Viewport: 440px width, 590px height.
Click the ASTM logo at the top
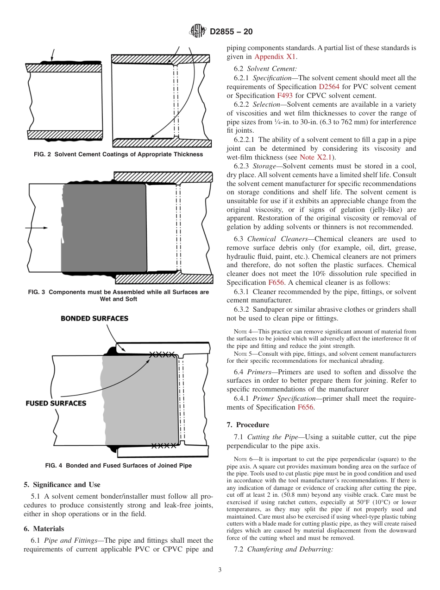[198, 32]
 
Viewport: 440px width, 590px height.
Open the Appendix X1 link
[275, 57]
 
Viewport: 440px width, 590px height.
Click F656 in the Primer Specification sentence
[305, 407]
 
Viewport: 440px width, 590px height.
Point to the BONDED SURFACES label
[94, 319]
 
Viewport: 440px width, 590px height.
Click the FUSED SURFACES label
[56, 403]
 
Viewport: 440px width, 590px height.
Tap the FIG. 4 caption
[118, 465]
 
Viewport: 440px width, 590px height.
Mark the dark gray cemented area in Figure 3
[104, 227]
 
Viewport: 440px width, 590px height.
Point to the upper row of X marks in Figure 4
[162, 354]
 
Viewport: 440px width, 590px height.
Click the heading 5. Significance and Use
[62, 485]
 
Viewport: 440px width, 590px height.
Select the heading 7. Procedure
[248, 425]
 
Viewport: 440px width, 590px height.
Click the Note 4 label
[241, 331]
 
